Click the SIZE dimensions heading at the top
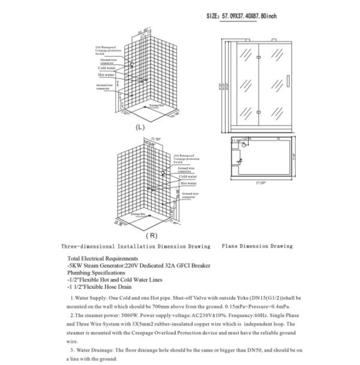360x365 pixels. click(242, 16)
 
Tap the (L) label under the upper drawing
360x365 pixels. click(140, 128)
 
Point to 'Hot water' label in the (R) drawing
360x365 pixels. click(188, 183)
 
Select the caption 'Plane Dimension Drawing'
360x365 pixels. click(257, 246)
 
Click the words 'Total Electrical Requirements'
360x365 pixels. click(103, 258)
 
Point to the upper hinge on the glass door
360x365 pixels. click(257, 53)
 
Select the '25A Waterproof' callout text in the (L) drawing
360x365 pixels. click(105, 47)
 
